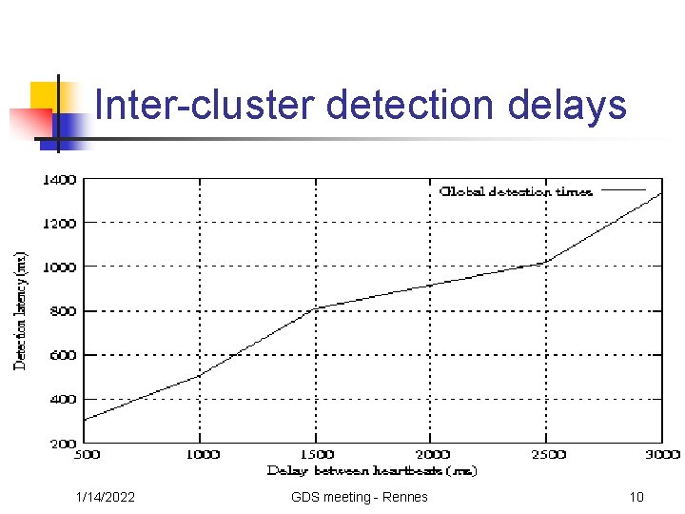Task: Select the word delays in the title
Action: pyautogui.click(x=567, y=105)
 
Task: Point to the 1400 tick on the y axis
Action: pyautogui.click(x=59, y=179)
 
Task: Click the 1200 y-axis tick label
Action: pyautogui.click(x=59, y=223)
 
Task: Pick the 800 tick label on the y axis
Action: pyautogui.click(x=63, y=311)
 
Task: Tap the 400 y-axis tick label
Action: pyautogui.click(x=63, y=400)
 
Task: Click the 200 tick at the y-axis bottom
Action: pyautogui.click(x=63, y=444)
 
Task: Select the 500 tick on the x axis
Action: pyautogui.click(x=87, y=455)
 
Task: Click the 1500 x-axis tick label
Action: pyautogui.click(x=316, y=455)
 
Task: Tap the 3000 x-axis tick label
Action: pyautogui.click(x=661, y=455)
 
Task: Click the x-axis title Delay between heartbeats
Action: pyautogui.click(x=372, y=471)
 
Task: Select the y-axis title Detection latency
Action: pyautogui.click(x=20, y=310)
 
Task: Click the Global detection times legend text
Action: pyautogui.click(x=516, y=191)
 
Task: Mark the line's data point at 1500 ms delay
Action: pyautogui.click(x=316, y=308)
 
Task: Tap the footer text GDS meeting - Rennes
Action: pyautogui.click(x=360, y=497)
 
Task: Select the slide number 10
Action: pyautogui.click(x=636, y=497)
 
